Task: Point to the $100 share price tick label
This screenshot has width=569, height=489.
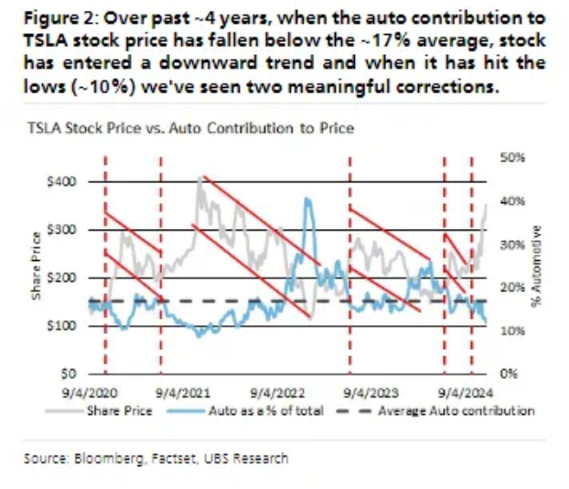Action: [59, 326]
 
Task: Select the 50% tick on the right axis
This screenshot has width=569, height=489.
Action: [513, 158]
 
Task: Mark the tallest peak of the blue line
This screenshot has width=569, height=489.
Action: [308, 200]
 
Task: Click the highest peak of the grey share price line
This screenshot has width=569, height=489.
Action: [200, 176]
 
